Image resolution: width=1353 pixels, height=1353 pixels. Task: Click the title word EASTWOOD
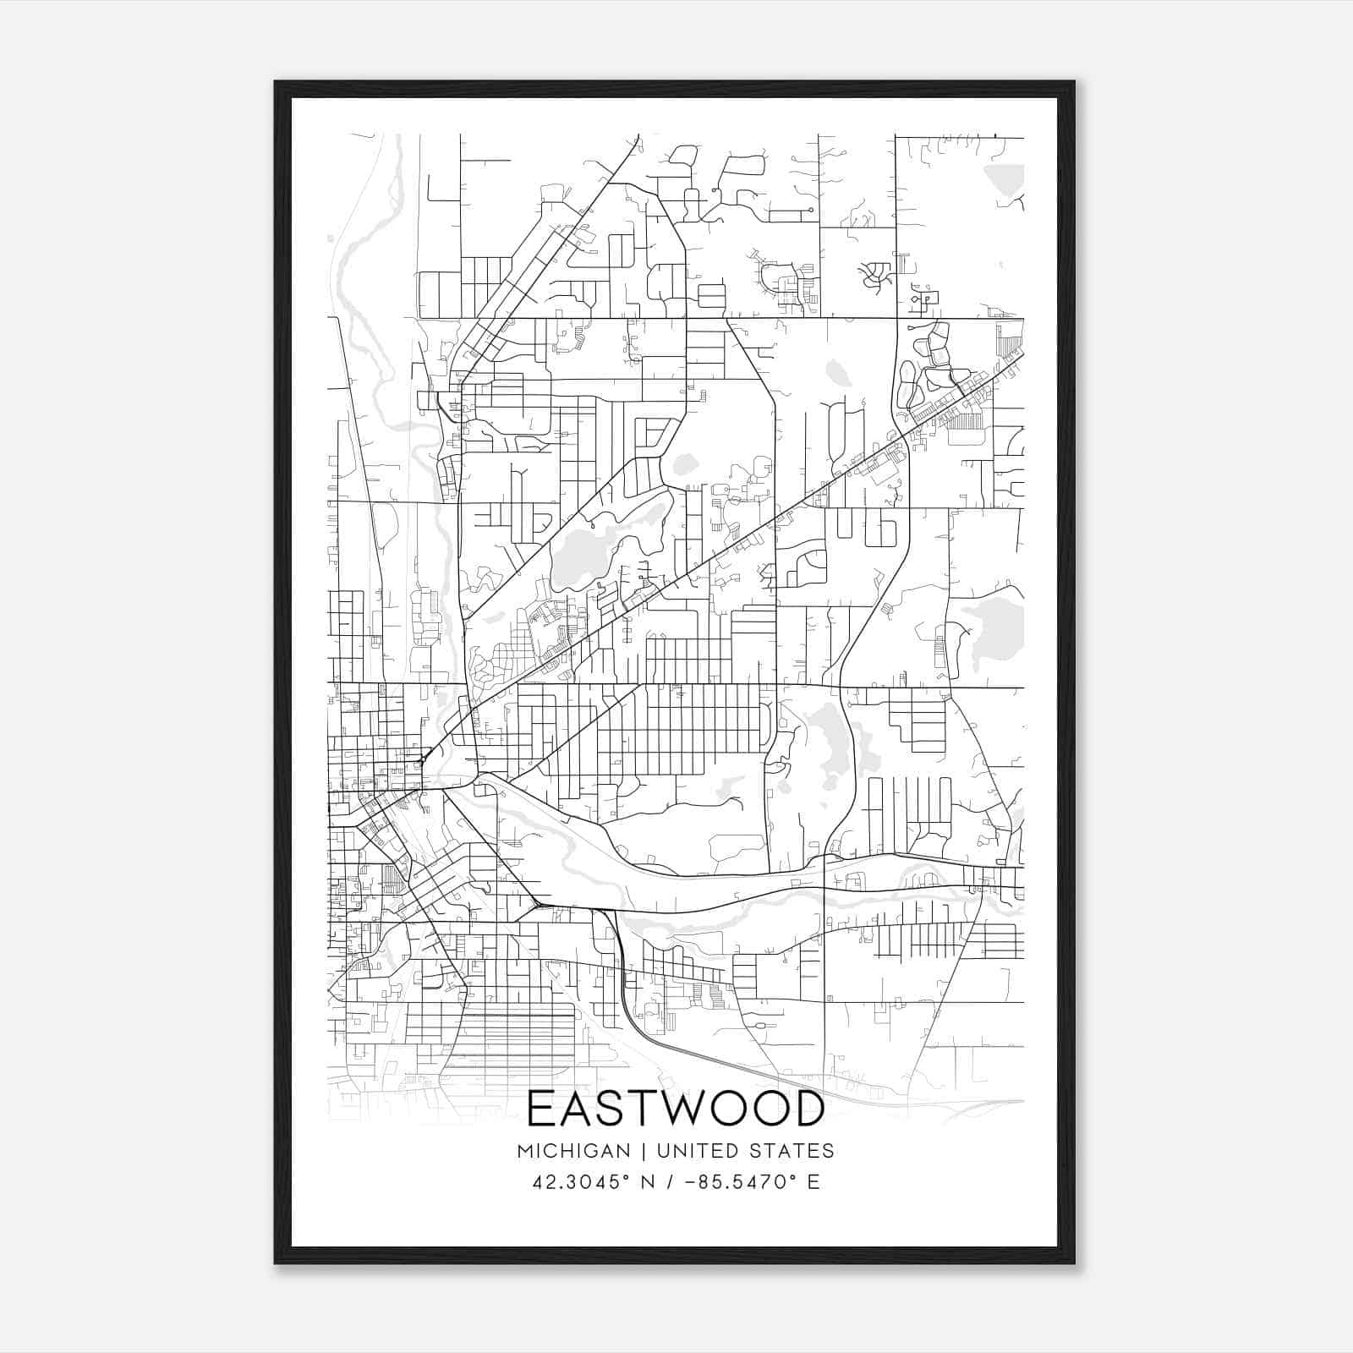click(x=676, y=1109)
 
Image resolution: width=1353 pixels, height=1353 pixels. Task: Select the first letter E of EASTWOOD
click(x=543, y=1109)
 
